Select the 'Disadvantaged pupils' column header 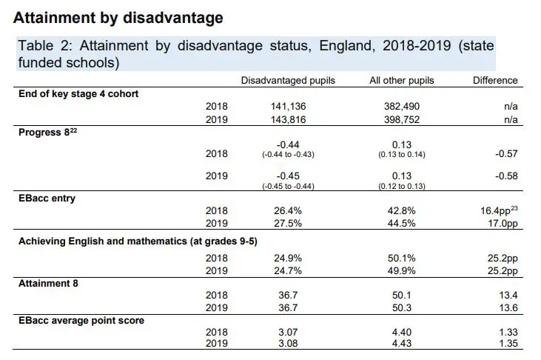(x=288, y=80)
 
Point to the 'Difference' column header (x=495, y=80)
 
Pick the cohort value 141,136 (x=288, y=106)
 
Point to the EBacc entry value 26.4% (x=288, y=210)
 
